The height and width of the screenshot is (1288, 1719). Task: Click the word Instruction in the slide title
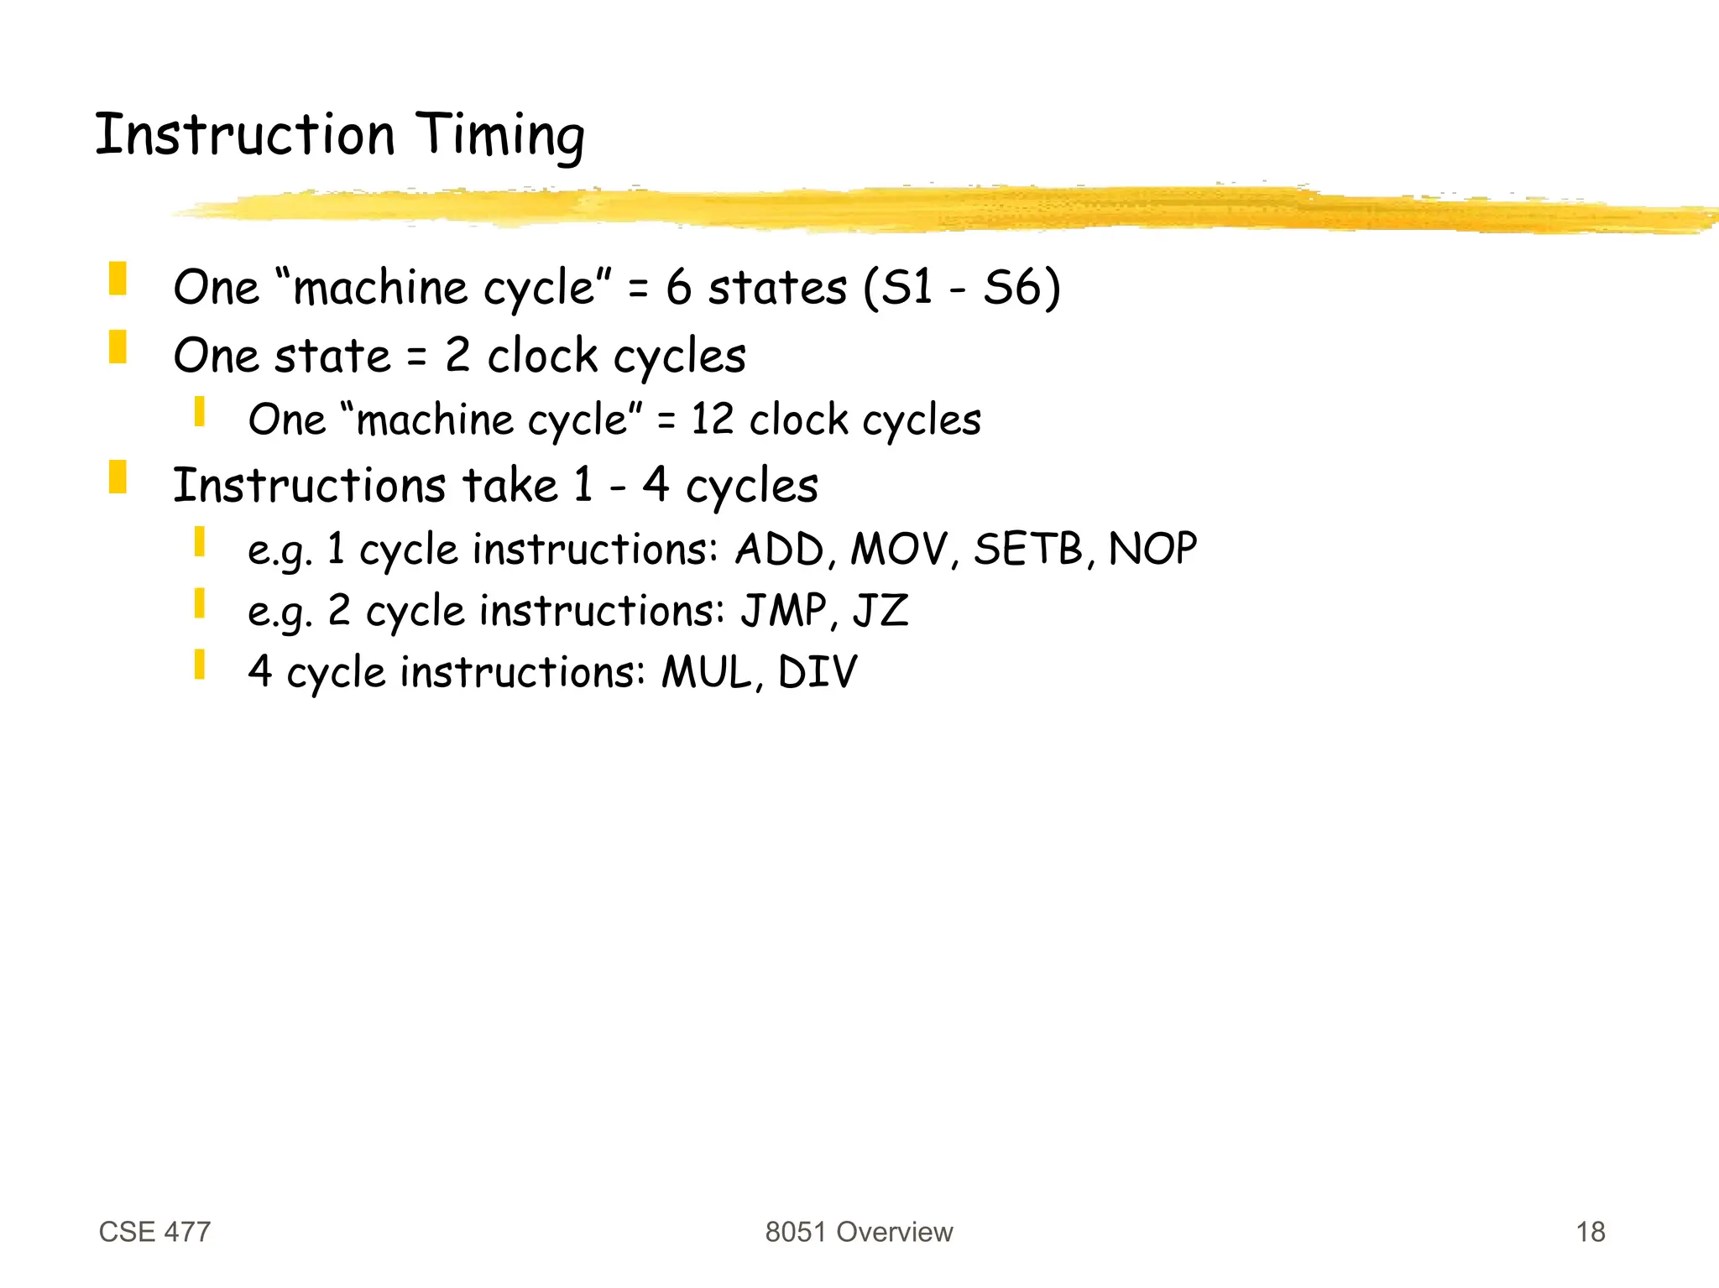point(244,135)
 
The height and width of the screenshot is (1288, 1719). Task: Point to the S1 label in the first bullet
point(908,288)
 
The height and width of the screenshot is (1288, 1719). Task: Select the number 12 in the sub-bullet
point(712,420)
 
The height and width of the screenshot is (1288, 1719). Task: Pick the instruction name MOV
point(900,550)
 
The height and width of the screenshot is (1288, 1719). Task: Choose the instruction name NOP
point(1152,550)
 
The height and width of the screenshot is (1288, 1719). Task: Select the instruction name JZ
point(880,611)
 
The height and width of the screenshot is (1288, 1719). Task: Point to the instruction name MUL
point(707,673)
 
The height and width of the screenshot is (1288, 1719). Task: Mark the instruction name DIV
point(818,673)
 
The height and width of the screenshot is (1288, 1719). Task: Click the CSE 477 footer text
point(154,1232)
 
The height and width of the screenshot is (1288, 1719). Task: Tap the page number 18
point(1590,1232)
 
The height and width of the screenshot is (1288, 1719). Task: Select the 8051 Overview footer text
point(859,1232)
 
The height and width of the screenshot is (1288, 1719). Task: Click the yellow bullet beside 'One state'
point(118,347)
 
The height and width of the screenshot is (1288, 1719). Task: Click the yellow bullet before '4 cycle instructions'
point(199,664)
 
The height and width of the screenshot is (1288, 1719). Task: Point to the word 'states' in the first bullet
point(777,288)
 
